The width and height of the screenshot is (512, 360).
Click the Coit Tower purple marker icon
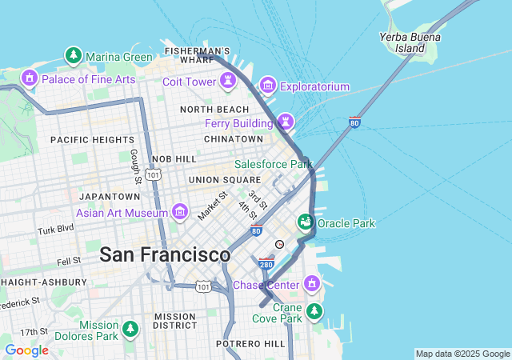230,81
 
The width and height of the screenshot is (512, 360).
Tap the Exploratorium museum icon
268,86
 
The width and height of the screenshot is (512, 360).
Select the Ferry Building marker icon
286,122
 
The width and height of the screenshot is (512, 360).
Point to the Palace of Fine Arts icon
30,78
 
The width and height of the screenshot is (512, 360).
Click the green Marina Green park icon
74,56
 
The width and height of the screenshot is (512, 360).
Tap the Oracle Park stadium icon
305,222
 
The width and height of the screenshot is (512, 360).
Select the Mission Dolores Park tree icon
130,329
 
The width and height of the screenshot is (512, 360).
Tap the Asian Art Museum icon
180,212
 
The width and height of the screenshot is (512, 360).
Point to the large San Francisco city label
165,255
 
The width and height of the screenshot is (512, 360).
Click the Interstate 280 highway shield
266,263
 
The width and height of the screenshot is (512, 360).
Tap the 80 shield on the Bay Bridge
354,122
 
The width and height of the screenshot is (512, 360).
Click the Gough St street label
135,165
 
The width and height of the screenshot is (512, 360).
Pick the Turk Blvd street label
54,230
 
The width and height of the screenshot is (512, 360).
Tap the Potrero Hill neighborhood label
250,343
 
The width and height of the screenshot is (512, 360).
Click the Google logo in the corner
26,350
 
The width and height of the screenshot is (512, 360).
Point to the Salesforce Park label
273,164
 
